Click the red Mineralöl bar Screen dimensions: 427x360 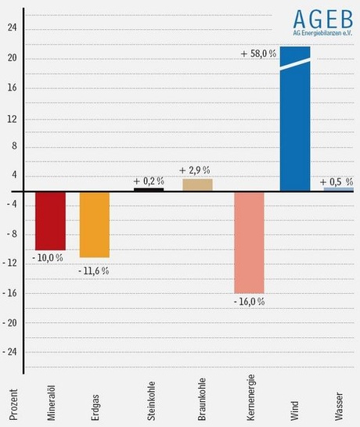coord(50,221)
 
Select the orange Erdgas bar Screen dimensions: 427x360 coord(95,224)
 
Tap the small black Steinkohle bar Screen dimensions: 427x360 coord(149,189)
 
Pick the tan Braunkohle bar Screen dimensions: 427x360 coord(197,185)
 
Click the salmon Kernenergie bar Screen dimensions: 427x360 coord(249,242)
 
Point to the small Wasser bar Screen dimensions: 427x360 coord(338,189)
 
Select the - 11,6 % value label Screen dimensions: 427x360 coord(93,271)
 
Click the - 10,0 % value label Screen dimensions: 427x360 coord(48,257)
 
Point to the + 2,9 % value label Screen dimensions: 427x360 coord(195,170)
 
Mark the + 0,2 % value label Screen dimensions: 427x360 coord(149,180)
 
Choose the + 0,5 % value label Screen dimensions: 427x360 coord(337,181)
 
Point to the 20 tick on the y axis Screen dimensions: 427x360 coord(12,59)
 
